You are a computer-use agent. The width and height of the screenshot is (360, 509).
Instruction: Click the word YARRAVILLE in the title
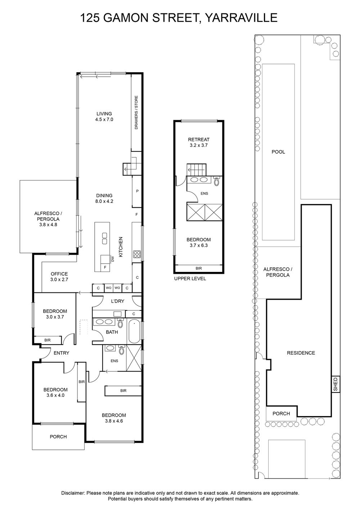(x=241, y=18)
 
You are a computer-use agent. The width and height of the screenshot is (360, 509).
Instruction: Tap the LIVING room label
(x=104, y=114)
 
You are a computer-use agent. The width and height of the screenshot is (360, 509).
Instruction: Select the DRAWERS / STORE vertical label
(x=136, y=113)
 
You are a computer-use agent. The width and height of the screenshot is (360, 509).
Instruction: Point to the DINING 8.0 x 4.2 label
(x=104, y=198)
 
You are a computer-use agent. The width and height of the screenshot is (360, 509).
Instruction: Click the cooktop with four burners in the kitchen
(x=137, y=254)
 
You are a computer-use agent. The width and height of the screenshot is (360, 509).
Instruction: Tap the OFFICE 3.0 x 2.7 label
(x=59, y=277)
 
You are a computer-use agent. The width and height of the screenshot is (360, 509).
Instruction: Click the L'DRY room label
(x=118, y=301)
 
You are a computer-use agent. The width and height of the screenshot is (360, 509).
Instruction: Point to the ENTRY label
(x=62, y=353)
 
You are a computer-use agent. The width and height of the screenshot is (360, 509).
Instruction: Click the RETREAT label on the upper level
(x=198, y=140)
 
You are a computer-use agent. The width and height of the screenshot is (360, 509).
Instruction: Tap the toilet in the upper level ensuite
(x=217, y=181)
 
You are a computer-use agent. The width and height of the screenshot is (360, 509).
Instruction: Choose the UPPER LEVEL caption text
(x=190, y=278)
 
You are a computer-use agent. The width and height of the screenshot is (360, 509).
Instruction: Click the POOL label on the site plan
(x=278, y=152)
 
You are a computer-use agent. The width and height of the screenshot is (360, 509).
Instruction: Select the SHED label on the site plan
(x=336, y=384)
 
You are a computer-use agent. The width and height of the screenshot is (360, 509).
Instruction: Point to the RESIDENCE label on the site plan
(x=301, y=353)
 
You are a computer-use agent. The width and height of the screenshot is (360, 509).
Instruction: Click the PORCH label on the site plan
(x=281, y=414)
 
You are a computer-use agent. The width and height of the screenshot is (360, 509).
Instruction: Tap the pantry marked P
(x=137, y=191)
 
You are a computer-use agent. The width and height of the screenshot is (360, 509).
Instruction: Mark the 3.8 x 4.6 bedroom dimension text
(x=114, y=421)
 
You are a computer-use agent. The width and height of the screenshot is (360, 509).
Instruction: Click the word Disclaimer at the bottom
(x=73, y=491)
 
